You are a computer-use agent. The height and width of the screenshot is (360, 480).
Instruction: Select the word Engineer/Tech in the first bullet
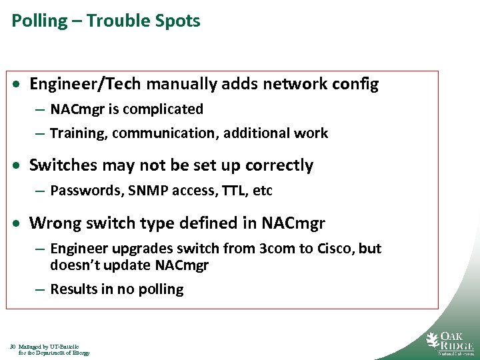pyautogui.click(x=86, y=85)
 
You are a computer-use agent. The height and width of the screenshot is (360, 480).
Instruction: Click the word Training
pyautogui.click(x=78, y=133)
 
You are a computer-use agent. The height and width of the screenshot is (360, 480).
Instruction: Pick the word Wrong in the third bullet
pyautogui.click(x=51, y=223)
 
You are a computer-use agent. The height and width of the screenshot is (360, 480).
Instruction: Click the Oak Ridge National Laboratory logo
pyautogui.click(x=449, y=341)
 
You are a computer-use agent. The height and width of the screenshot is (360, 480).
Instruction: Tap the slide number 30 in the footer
pyautogui.click(x=13, y=347)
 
